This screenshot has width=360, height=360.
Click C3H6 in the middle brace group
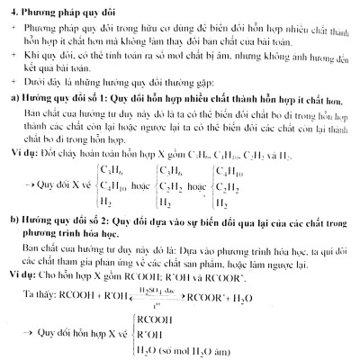tap(177, 168)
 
